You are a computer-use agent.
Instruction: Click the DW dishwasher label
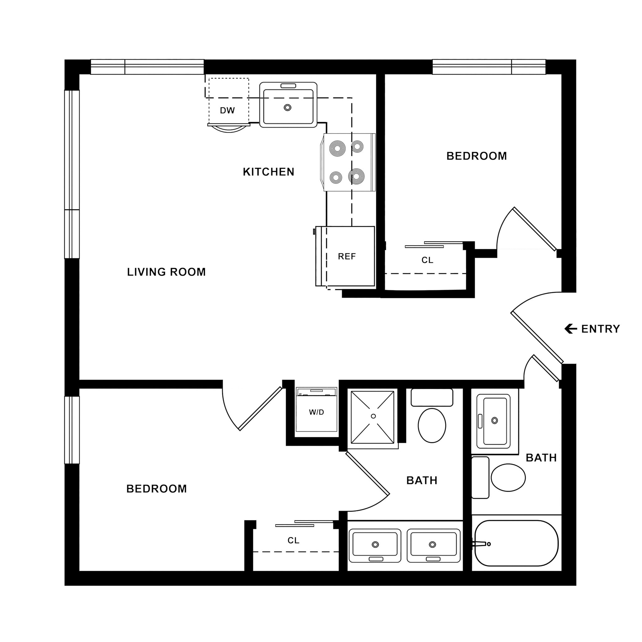227,110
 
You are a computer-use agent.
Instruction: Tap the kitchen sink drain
287,108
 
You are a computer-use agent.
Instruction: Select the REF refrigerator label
347,256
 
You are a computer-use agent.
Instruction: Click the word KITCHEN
269,172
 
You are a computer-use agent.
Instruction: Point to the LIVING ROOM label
166,272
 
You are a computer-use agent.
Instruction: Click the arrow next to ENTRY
571,329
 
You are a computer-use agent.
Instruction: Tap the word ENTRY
600,329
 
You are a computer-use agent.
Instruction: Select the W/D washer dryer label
316,412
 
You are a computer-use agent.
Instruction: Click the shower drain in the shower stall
373,416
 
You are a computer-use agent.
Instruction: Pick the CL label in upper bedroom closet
427,260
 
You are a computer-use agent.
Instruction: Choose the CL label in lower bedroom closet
293,540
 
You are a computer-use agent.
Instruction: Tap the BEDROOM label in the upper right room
476,156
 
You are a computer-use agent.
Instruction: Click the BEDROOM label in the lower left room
156,488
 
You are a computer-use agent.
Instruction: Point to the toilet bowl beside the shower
432,425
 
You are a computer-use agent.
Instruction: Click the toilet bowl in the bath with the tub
508,477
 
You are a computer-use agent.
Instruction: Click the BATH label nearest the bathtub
541,458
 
